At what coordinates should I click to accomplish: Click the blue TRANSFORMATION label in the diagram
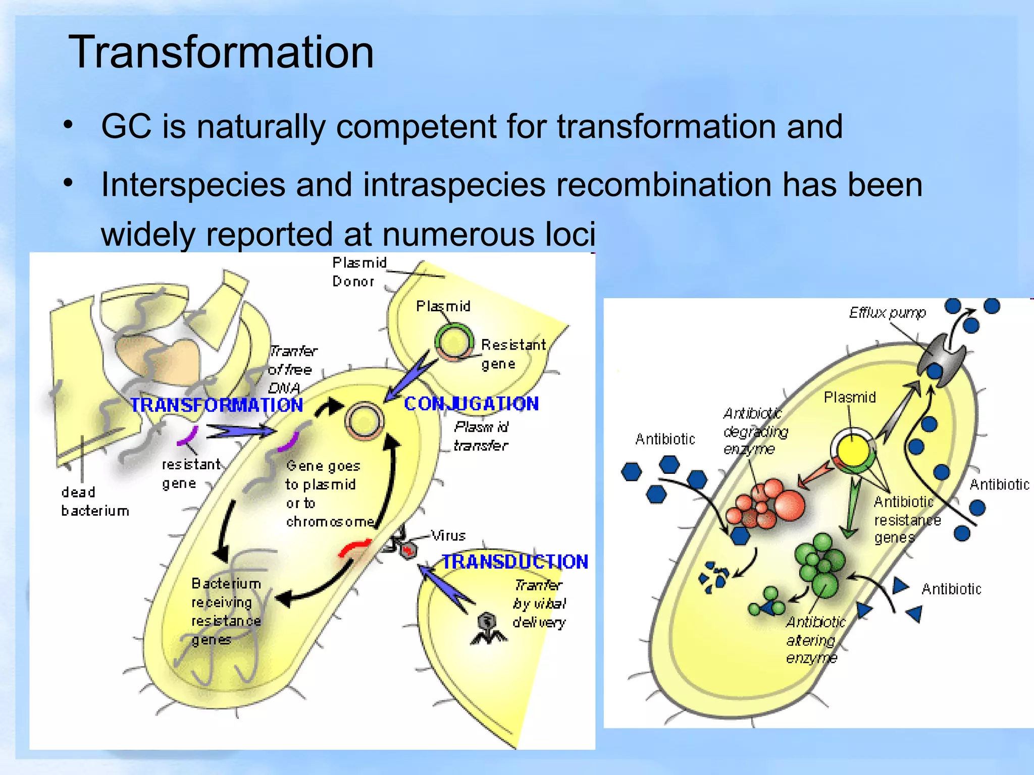[217, 405]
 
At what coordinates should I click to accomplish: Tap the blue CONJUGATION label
[471, 404]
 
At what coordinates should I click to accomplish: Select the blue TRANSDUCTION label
[515, 562]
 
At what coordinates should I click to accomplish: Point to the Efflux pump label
[887, 313]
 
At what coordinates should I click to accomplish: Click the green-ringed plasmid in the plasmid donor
[454, 343]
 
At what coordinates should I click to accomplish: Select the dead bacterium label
[94, 502]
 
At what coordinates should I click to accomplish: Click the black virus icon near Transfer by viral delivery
[488, 628]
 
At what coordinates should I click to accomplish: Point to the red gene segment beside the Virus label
[355, 547]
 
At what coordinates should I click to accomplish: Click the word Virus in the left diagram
[448, 535]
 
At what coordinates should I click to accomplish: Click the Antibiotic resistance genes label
[907, 520]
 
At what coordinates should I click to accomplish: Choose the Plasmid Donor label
[359, 272]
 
